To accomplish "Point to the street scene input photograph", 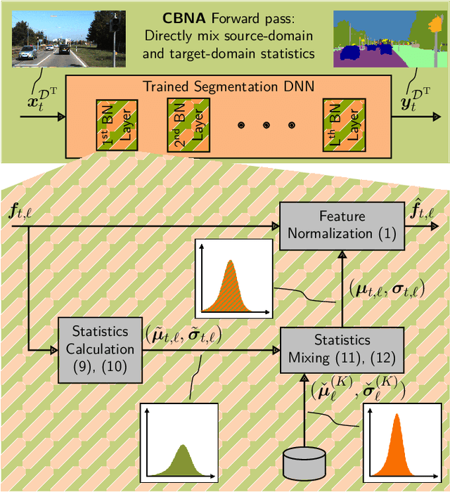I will [69, 38].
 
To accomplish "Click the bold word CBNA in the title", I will [183, 17].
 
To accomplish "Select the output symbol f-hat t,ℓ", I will [423, 209].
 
